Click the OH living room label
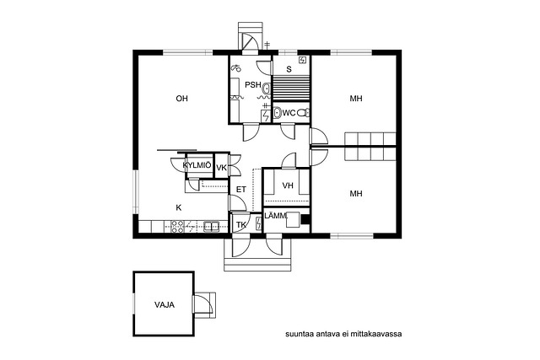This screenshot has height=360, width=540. (182, 99)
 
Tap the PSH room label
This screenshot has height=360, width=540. (253, 84)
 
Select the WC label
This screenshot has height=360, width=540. (289, 113)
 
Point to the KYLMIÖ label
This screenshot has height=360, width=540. (197, 165)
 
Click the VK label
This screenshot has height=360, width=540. (221, 168)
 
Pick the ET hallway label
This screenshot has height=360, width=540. (241, 190)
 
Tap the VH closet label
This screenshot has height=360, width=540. (288, 185)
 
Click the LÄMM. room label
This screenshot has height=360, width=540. (276, 216)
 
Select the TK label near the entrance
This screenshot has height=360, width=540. (241, 225)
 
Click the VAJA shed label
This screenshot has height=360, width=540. (165, 305)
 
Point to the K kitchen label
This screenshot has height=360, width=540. (178, 208)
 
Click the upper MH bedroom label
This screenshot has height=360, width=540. (356, 99)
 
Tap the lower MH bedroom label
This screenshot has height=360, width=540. (356, 194)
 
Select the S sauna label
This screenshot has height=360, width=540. (289, 69)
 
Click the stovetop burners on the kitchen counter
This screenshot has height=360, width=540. (178, 227)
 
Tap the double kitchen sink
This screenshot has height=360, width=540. (212, 226)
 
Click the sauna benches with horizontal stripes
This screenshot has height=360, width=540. (291, 89)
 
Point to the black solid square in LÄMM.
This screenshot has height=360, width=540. (305, 219)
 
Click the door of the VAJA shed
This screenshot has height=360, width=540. (202, 305)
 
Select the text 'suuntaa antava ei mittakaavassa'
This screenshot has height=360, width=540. (343, 334)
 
